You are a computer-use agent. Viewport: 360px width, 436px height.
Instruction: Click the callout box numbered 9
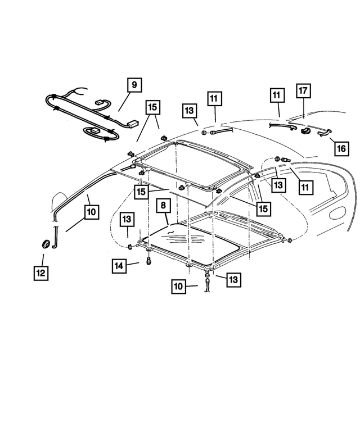[x=133, y=86]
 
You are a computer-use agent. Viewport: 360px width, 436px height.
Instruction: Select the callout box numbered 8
[x=163, y=206]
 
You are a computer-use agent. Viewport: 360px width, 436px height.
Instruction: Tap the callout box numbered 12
[x=40, y=273]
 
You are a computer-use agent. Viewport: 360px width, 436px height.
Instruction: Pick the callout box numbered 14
[x=119, y=265]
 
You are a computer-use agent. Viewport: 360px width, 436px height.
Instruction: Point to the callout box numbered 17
[x=303, y=91]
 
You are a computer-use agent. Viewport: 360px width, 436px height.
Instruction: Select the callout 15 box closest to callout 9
[x=152, y=107]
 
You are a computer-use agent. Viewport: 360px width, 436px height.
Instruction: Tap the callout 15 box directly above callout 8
[x=142, y=192]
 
